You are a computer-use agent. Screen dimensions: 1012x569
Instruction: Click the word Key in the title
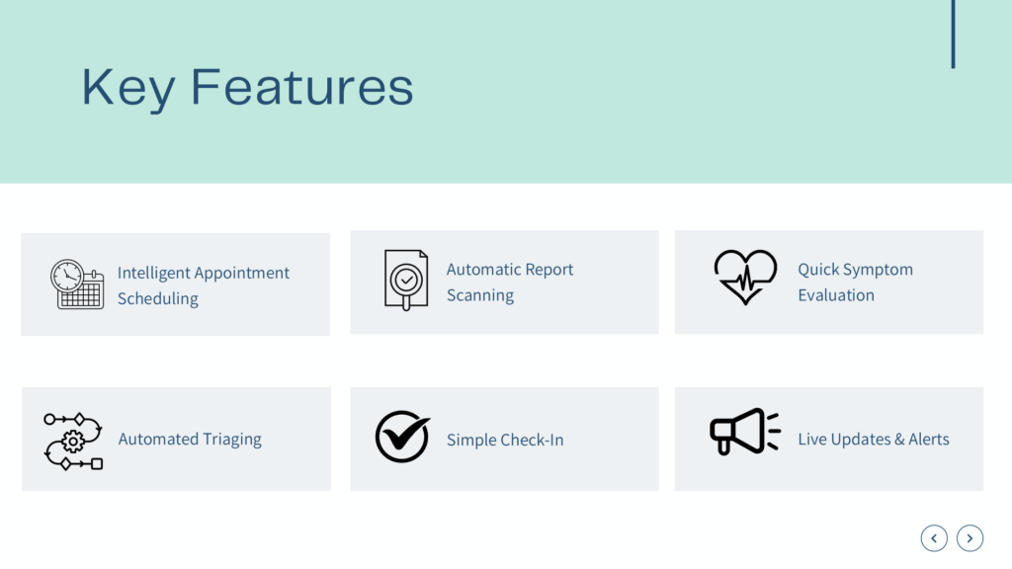(128, 88)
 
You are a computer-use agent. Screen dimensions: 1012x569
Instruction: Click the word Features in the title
(302, 87)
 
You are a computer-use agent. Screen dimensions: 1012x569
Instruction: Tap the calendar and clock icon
(77, 284)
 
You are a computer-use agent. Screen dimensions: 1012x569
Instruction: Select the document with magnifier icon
(406, 280)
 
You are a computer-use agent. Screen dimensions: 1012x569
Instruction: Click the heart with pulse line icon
(745, 278)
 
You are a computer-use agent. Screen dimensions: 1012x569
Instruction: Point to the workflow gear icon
(73, 442)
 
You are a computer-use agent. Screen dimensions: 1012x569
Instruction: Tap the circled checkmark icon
(403, 437)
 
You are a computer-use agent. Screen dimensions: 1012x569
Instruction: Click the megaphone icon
(745, 431)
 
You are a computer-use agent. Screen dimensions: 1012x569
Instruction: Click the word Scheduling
(158, 298)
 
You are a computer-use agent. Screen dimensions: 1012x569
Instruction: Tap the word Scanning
(480, 295)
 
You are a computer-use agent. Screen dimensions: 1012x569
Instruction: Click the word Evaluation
(836, 294)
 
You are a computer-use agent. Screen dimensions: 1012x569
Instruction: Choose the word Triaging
(231, 440)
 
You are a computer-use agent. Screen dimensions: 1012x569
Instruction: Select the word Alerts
(929, 440)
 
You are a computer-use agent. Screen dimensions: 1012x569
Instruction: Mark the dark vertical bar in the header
(954, 35)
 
